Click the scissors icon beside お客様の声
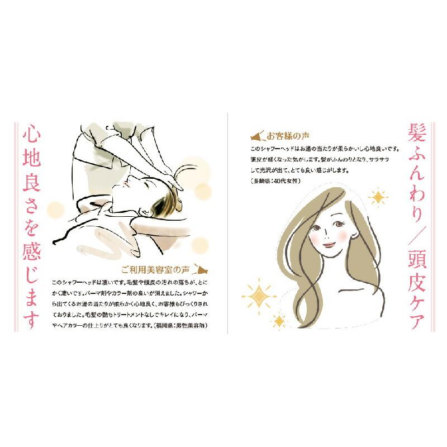pyautogui.click(x=257, y=136)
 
